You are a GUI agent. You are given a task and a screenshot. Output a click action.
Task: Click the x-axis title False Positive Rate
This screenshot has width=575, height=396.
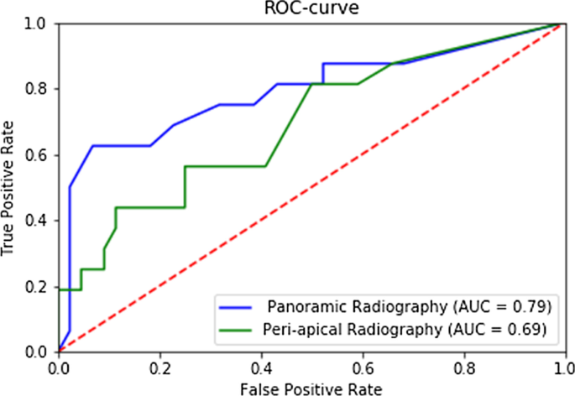[310, 388]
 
